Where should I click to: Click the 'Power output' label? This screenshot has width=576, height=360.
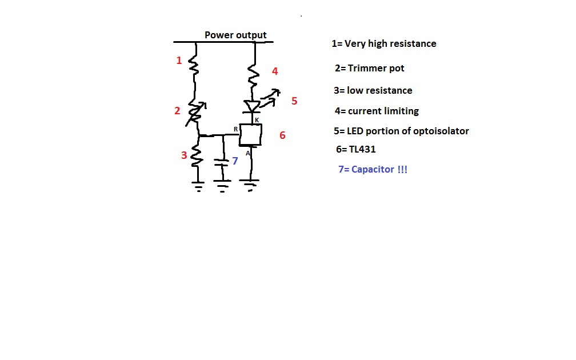(235, 35)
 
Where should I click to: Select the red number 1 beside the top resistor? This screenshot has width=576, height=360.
(179, 60)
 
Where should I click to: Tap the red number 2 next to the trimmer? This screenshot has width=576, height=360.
(177, 111)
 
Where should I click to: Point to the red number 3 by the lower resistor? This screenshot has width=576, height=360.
(184, 155)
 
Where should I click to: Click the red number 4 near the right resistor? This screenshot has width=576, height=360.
(275, 71)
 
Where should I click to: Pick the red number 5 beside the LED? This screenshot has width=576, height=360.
(294, 101)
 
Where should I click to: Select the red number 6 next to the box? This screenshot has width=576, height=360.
(282, 135)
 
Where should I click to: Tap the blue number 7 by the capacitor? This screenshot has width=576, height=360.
(235, 161)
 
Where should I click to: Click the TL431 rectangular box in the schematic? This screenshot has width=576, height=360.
(251, 135)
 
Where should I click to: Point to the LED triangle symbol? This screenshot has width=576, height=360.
(251, 107)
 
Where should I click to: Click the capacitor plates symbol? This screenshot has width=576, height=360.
(222, 162)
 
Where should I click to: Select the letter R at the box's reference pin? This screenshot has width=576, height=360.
(235, 130)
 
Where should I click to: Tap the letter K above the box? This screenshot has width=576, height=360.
(257, 120)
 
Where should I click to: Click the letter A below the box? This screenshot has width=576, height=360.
(248, 153)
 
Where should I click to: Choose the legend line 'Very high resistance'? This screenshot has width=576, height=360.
(384, 43)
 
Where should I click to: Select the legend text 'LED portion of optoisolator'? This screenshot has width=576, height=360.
(401, 131)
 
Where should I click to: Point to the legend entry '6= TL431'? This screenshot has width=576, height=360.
(355, 150)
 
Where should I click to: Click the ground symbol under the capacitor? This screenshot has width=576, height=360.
(222, 185)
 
